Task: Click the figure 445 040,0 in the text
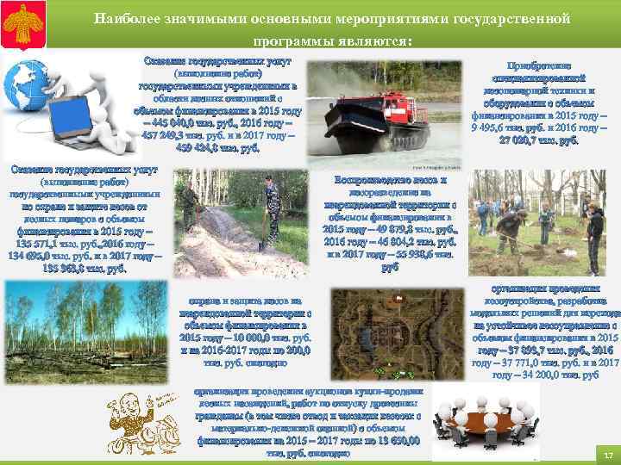tap(173, 121)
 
